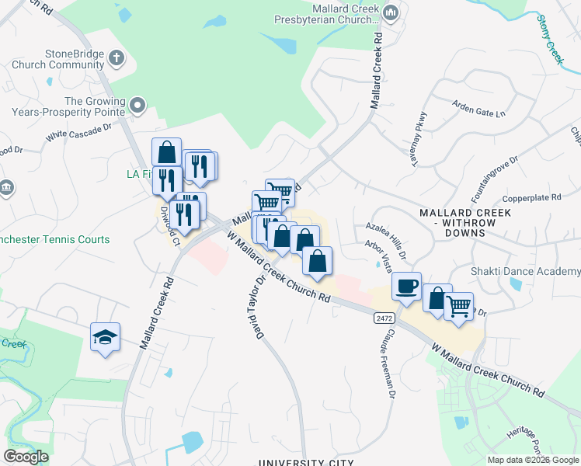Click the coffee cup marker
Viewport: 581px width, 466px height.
pos(406,287)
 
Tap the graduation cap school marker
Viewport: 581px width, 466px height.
pos(105,337)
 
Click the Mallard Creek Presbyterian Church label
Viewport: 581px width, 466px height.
pos(329,14)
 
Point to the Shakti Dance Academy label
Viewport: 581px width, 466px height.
pos(526,271)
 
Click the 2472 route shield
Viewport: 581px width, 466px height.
pos(382,318)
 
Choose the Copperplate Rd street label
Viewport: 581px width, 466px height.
pos(531,198)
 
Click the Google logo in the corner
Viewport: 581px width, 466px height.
pos(26,457)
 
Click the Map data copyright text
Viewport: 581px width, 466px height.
pos(533,460)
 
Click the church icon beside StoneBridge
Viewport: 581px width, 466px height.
pos(117,57)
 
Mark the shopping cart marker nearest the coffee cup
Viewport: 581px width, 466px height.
pos(458,306)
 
